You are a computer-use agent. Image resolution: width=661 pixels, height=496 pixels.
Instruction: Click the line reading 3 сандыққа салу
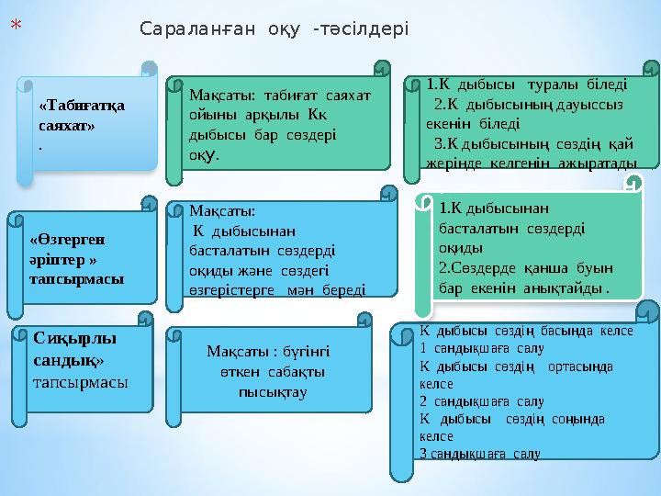(x=478, y=454)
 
